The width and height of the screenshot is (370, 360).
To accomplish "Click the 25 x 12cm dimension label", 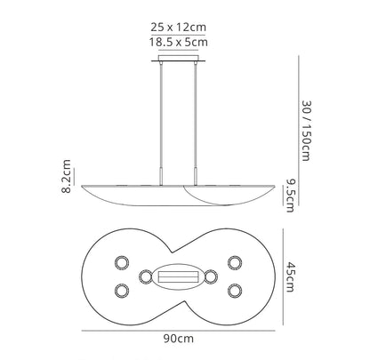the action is click(178, 28).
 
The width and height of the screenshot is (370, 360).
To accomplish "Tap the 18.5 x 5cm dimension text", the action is click(178, 42).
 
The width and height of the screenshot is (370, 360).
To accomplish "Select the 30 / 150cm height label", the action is click(307, 131).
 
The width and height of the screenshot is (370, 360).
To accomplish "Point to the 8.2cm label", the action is click(67, 176).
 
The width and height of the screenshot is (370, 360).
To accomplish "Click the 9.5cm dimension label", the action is click(290, 196).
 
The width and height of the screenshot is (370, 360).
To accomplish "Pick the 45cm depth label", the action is click(290, 277).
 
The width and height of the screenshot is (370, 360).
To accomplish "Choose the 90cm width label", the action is click(179, 339).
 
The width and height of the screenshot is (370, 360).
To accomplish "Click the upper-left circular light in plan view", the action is click(122, 263).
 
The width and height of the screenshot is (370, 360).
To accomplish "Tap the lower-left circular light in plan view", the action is click(122, 291).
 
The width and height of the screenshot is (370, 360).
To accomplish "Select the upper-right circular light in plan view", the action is click(235, 263).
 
